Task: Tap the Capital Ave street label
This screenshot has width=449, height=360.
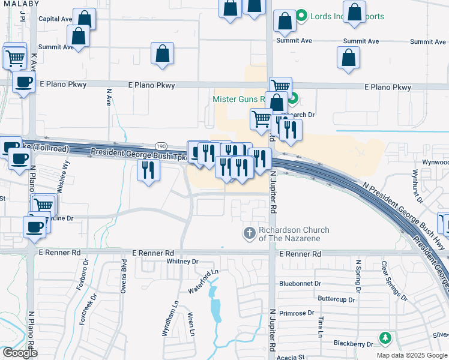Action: click(55, 19)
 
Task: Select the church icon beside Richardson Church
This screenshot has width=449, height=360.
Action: click(249, 233)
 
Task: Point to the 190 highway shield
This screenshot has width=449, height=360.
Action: click(161, 146)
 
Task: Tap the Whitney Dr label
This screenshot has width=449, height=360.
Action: click(182, 262)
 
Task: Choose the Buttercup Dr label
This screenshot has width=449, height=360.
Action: click(336, 298)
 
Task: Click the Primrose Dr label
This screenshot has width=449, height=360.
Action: click(297, 313)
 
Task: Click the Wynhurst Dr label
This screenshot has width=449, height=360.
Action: click(414, 182)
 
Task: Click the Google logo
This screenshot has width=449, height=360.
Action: click(19, 352)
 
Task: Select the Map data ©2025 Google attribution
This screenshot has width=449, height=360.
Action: click(411, 355)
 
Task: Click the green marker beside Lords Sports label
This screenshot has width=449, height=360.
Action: click(302, 16)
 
